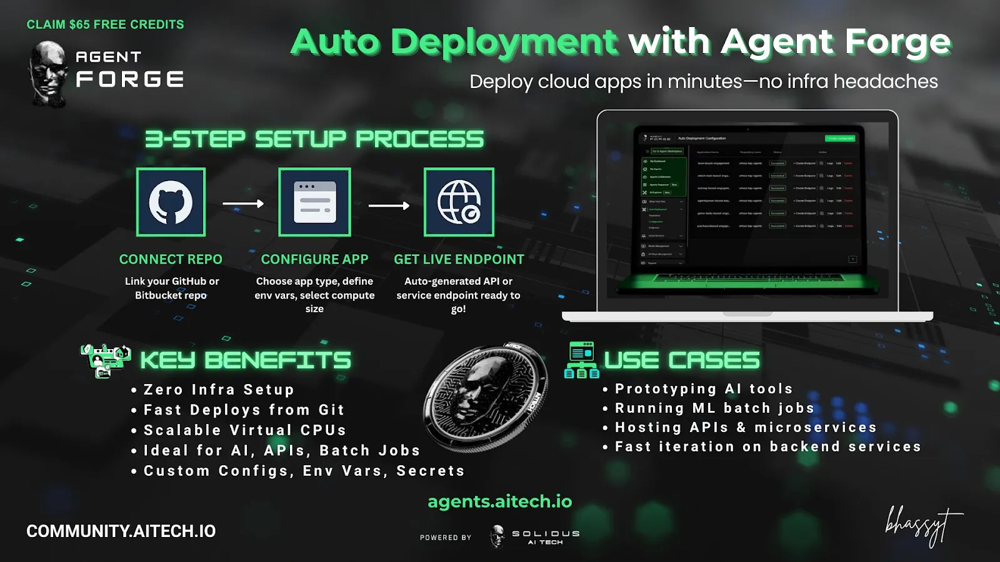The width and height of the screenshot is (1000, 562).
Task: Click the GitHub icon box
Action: [171, 202]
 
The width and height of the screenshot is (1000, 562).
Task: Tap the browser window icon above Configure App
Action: [314, 202]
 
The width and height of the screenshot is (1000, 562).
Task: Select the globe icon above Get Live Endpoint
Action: [459, 202]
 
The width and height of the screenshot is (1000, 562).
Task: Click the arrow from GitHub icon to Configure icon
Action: [243, 204]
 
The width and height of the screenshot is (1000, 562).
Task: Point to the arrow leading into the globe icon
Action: [389, 205]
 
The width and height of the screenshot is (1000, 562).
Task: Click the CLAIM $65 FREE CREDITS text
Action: [105, 24]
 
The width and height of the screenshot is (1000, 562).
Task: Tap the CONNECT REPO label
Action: [171, 259]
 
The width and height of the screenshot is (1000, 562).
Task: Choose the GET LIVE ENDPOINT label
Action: [459, 259]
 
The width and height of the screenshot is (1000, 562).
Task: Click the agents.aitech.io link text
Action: [499, 501]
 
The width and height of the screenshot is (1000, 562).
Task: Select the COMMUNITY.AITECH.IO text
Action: [121, 531]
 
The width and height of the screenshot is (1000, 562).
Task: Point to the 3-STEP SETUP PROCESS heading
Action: [314, 139]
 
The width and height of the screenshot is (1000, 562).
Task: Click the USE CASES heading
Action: [681, 360]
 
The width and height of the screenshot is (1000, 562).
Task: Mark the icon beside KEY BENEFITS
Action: [105, 360]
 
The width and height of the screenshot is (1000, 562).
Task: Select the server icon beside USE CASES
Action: [581, 360]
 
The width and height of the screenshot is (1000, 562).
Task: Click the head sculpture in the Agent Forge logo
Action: [47, 74]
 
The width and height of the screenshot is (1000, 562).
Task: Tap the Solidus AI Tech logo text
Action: [546, 537]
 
